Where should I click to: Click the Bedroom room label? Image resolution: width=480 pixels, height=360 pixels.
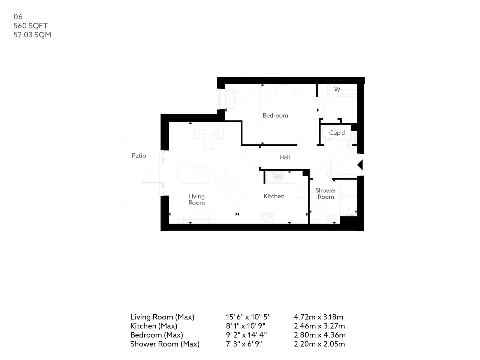[275, 115]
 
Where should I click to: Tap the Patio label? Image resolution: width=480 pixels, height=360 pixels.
[139, 155]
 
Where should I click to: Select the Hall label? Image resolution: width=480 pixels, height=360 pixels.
[284, 157]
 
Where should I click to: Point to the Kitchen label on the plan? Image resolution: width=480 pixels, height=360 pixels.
[274, 196]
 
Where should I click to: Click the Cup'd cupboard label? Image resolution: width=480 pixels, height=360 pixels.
[337, 132]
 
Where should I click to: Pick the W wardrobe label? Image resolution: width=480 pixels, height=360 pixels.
[337, 89]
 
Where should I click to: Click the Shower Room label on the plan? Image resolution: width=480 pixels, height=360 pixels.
[325, 193]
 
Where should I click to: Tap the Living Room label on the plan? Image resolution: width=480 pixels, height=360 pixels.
[196, 199]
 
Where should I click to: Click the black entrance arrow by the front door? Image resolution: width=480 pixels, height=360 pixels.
[360, 165]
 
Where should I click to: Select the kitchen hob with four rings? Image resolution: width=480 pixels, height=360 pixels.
[267, 217]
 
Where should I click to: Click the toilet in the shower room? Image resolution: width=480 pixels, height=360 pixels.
[318, 211]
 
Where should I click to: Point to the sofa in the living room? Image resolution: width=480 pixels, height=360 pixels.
[193, 174]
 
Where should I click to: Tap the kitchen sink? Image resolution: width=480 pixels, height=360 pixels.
[274, 177]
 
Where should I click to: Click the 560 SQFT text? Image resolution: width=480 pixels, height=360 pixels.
[30, 25]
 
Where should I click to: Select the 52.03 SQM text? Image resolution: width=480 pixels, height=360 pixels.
[32, 34]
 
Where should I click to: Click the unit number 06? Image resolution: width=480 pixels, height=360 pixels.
[18, 16]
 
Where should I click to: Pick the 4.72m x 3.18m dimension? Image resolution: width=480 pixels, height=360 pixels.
[318, 317]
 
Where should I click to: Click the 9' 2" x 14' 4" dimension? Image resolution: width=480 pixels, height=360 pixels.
[246, 334]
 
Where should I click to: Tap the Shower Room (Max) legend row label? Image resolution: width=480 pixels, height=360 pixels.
[165, 344]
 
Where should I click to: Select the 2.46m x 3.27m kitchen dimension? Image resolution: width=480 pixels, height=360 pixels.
[319, 325]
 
